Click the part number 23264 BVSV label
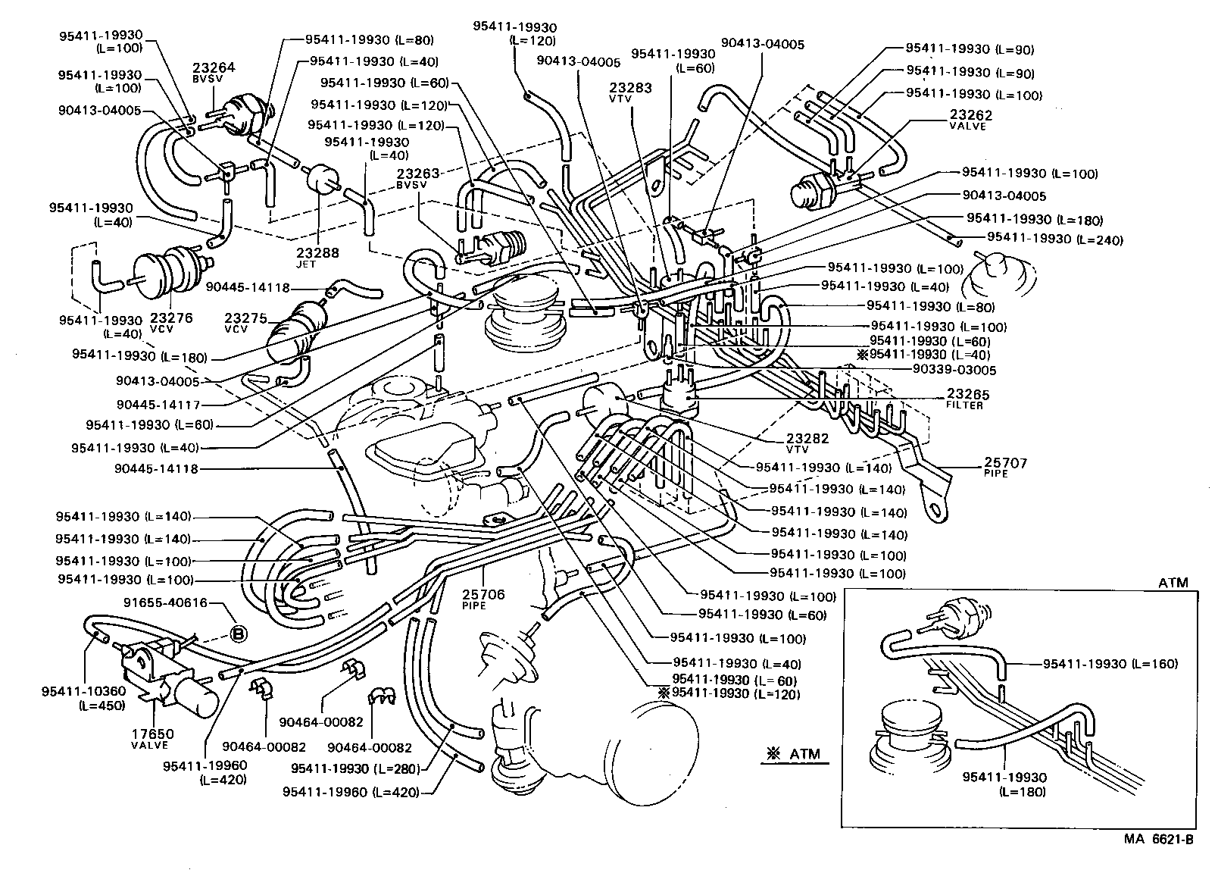(214, 71)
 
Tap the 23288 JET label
(317, 258)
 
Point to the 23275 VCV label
(245, 323)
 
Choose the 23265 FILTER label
(967, 399)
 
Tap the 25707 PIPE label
(1005, 467)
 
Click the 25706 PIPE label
(483, 599)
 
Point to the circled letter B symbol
(237, 634)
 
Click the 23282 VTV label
(807, 443)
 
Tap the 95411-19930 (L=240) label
(1054, 239)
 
